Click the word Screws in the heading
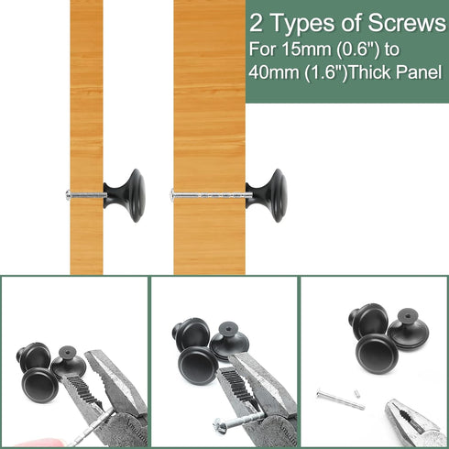[407, 23]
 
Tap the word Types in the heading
[304, 25]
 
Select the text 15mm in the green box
[307, 49]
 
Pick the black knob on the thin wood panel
[126, 195]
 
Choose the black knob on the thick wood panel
[267, 195]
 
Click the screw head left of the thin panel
[68, 195]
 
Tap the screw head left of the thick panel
[172, 194]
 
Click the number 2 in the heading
[256, 24]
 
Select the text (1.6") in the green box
[326, 72]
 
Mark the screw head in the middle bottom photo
[218, 424]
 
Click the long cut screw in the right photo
[341, 400]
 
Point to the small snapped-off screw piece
[357, 394]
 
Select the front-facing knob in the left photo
[40, 385]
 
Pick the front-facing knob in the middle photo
[198, 366]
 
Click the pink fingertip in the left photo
[39, 443]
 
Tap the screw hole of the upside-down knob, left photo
[66, 352]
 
